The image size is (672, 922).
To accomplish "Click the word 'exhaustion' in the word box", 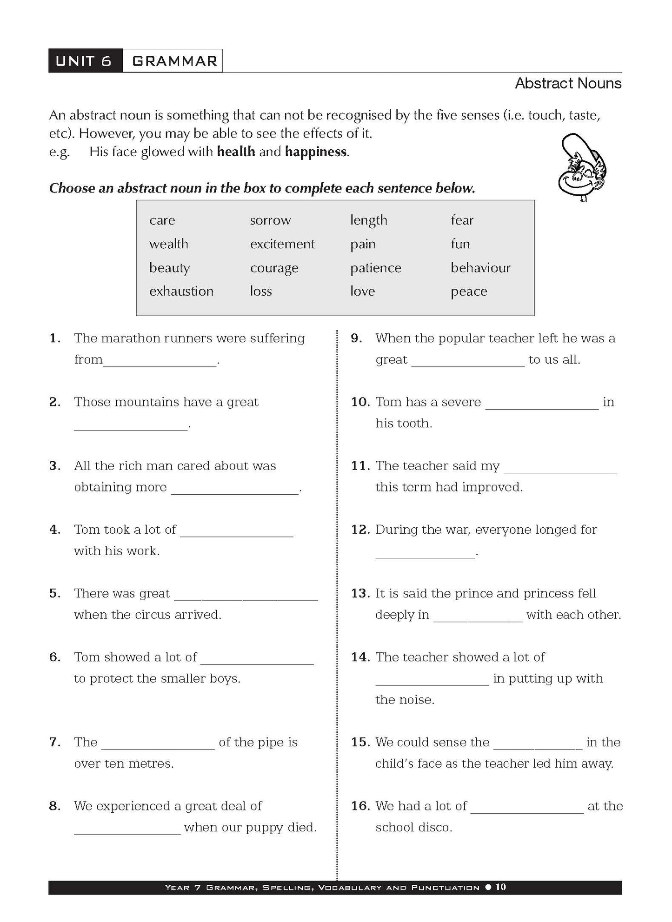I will coord(181,292).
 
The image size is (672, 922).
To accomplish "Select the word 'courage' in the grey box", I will coord(274,268).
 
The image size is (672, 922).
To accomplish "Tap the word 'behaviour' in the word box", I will coord(480,268).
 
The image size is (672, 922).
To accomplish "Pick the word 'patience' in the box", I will coord(375,268).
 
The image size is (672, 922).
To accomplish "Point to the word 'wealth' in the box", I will coord(169,244).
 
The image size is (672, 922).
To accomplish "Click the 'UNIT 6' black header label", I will coord(84,61).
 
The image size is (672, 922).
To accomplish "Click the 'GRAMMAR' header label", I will coord(174,61).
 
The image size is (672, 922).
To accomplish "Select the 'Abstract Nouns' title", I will coord(568,84).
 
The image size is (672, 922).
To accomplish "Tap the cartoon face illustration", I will coord(583,167).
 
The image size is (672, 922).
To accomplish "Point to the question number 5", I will coord(54,594).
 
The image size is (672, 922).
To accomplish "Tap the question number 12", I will coord(360,530).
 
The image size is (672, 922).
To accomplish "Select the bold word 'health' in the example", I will coord(236,152).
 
